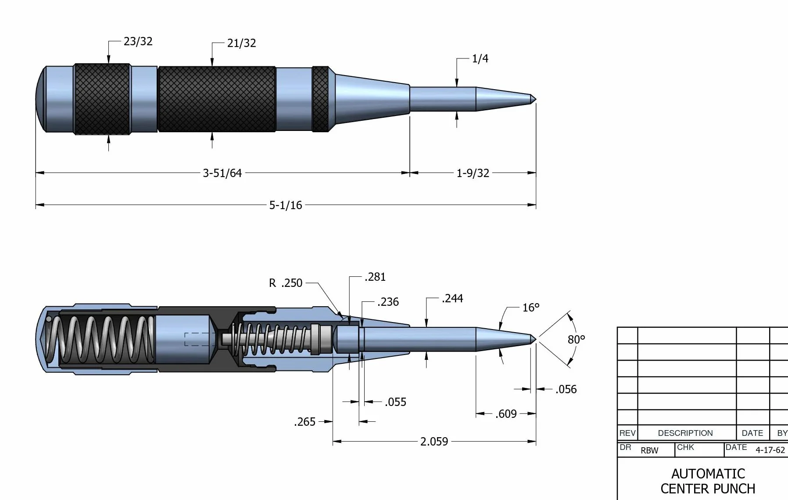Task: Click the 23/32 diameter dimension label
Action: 138,41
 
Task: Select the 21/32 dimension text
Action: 241,43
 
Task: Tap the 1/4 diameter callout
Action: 480,58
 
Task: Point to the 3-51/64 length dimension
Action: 222,173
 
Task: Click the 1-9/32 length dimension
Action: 473,173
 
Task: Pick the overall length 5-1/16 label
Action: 286,205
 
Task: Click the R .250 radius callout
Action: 286,283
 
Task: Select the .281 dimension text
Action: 375,277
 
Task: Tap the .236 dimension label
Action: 388,302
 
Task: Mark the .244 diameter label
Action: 452,298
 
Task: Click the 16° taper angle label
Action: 531,308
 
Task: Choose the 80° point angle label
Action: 577,339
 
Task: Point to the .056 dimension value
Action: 566,389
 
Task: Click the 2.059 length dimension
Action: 434,442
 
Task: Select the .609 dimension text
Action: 506,414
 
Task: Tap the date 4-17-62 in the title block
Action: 770,450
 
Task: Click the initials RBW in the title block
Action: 649,451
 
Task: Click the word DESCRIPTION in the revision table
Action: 685,433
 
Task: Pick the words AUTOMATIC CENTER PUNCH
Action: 708,481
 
